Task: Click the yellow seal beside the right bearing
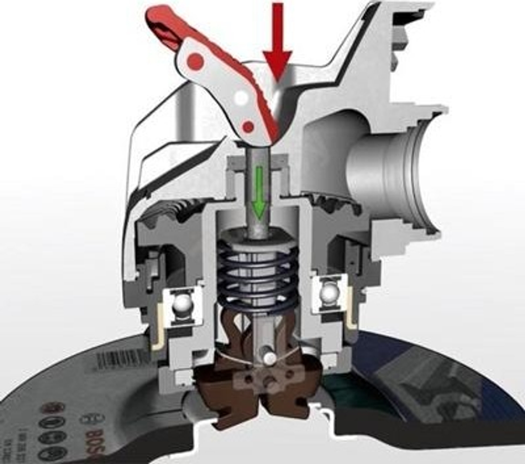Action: [x=350, y=321]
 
